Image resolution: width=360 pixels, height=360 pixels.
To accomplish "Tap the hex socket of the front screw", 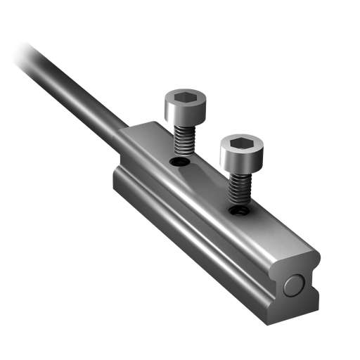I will point(239,145).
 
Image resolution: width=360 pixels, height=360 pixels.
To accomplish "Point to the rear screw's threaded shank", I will point(184,141).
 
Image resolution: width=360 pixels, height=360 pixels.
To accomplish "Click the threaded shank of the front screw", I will point(238,188).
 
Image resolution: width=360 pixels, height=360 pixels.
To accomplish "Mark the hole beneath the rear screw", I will point(181,162).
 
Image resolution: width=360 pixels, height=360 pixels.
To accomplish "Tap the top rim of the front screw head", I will point(239,136).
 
